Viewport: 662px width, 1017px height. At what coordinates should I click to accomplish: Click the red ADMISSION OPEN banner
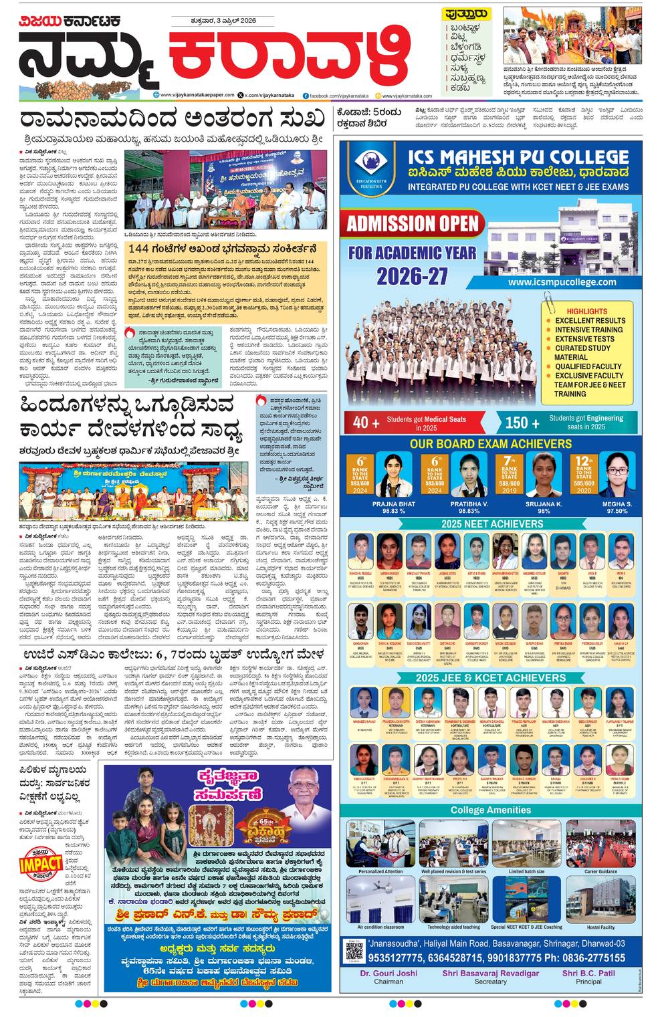pos(413,223)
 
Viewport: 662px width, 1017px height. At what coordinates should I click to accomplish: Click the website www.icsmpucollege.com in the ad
pos(562,282)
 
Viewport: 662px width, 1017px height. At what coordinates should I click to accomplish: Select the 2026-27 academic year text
pos(412,275)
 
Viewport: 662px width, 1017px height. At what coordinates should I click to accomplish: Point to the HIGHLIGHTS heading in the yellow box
pos(586,312)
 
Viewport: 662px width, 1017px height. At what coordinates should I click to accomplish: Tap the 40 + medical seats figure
pos(361,422)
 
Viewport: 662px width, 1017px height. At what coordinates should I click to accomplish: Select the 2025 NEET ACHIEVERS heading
pos(491,524)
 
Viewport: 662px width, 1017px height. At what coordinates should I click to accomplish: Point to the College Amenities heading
pos(490,810)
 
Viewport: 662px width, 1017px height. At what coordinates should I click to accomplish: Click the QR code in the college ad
pos(354,949)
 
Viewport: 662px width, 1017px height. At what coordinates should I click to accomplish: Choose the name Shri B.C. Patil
pos(588,973)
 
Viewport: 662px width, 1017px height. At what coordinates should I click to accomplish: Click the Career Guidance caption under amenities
pos(600,871)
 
